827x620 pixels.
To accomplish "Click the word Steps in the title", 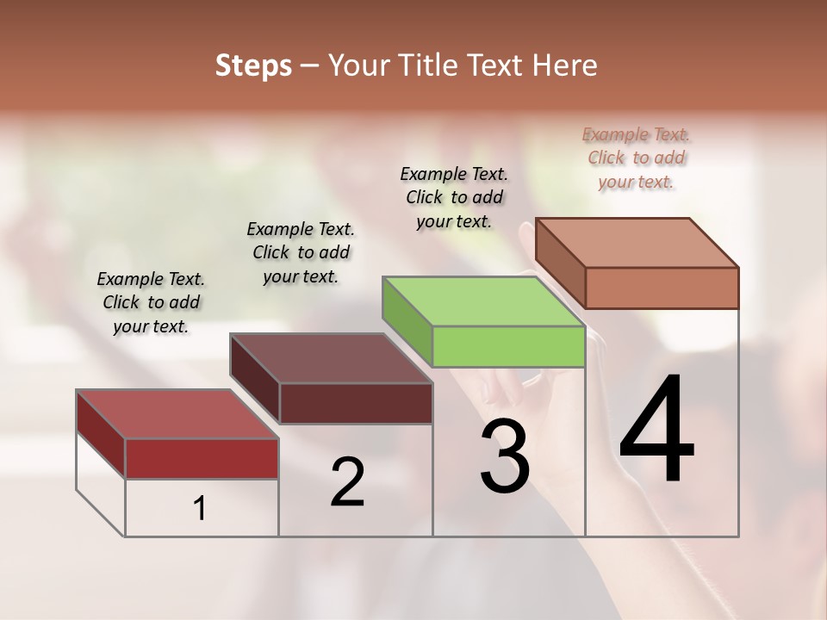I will coord(253,66).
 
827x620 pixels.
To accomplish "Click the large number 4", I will coord(656,431).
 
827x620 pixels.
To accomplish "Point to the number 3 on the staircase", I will coord(504,458).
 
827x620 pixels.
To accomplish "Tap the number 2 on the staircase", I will coord(347,482).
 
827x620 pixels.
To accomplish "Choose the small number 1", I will coord(200,509).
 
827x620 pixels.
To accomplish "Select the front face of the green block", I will coord(508,347).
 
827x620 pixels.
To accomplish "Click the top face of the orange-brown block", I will coord(637,243).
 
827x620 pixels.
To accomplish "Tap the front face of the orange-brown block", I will coord(662,288).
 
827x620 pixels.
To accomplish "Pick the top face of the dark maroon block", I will coord(331,358).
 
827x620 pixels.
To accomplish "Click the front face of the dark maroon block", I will coord(356,403).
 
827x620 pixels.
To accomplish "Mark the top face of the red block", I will coord(177,414).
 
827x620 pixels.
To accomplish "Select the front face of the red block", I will coord(202,458).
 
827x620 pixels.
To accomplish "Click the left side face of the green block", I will coord(407,321).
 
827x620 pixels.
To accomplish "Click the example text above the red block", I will coord(151,302).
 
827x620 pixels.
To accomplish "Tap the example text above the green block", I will coord(454,197).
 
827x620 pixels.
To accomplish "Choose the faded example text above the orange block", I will coord(636,158).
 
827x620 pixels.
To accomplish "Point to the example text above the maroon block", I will coord(301,252).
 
